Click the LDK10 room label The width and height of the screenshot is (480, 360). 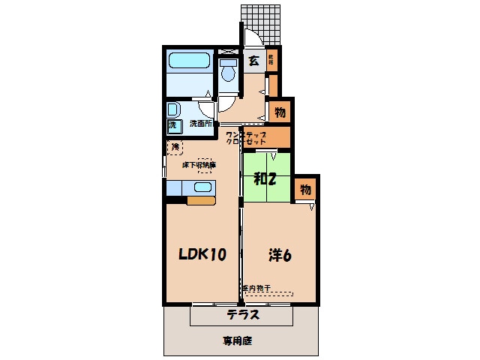[202, 255]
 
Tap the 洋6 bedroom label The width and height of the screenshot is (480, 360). [280, 255]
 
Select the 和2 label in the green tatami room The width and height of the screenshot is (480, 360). [265, 178]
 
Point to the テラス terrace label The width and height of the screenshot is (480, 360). [244, 315]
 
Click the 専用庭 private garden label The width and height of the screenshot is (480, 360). [237, 340]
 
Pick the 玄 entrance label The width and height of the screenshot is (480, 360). [254, 61]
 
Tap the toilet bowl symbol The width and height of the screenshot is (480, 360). [228, 71]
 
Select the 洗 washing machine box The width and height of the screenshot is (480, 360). [172, 124]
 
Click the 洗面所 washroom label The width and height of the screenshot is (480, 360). [200, 124]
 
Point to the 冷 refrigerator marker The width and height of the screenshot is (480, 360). [175, 146]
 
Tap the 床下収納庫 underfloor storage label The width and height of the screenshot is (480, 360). [199, 165]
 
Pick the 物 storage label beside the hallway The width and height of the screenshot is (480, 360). [279, 112]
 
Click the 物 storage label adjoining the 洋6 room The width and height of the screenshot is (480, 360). [306, 189]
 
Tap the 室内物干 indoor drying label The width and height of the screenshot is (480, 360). [256, 288]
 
